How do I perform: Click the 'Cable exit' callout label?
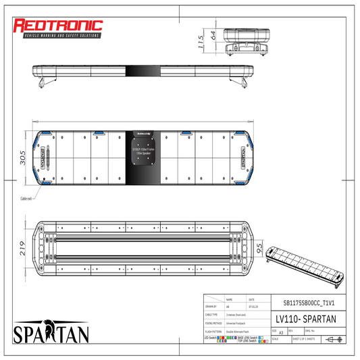[28, 199]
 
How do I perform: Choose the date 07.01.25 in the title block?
[251, 306]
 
